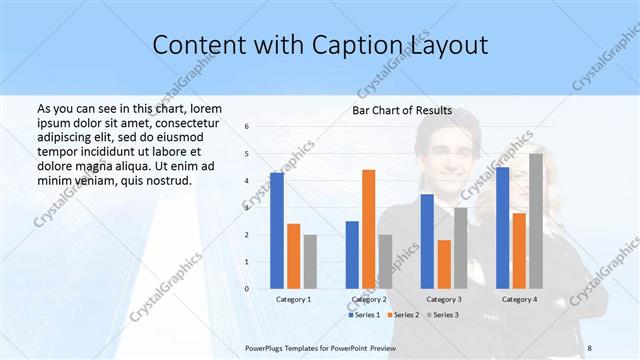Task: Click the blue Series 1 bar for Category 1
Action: pyautogui.click(x=277, y=231)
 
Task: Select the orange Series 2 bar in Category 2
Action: pyautogui.click(x=369, y=229)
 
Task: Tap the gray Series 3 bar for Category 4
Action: pyautogui.click(x=536, y=221)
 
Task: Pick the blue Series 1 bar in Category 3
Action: pyautogui.click(x=427, y=241)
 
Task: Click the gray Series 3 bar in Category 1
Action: pyautogui.click(x=310, y=262)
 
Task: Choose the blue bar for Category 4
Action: pyautogui.click(x=502, y=228)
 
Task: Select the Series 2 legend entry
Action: pyautogui.click(x=403, y=315)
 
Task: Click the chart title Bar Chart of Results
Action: pyautogui.click(x=402, y=110)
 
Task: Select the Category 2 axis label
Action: pyautogui.click(x=369, y=299)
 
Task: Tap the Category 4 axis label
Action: pyautogui.click(x=519, y=299)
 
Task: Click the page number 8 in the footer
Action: pyautogui.click(x=589, y=347)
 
